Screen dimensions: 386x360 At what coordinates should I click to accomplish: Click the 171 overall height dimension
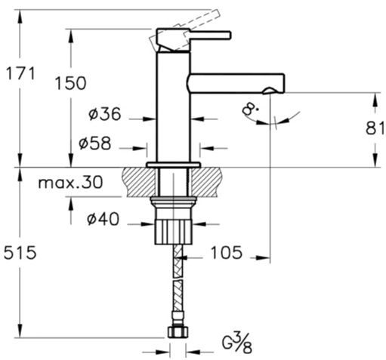[x=20, y=73]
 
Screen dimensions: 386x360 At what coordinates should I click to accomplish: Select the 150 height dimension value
[x=70, y=83]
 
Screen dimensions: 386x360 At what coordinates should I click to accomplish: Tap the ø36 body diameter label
[x=105, y=114]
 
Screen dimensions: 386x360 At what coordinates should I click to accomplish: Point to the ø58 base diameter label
[x=94, y=143]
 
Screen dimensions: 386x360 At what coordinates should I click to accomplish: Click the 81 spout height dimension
[x=375, y=128]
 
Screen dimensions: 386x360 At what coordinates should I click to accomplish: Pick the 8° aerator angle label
[x=250, y=110]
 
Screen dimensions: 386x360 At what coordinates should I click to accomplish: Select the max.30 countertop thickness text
[x=70, y=182]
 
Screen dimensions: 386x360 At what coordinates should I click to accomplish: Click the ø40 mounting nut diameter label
[x=103, y=219]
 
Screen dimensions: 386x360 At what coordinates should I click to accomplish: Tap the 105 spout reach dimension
[x=227, y=252]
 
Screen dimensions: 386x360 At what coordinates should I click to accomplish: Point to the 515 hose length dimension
[x=20, y=253]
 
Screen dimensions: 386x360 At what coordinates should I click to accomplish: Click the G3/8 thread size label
[x=237, y=343]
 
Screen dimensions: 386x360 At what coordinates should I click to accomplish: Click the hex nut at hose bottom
[x=178, y=332]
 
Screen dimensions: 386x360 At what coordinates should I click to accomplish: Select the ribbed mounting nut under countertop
[x=173, y=231]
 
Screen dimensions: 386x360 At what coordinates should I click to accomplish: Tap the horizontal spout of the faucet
[x=236, y=84]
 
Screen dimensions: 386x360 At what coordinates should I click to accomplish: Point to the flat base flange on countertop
[x=174, y=165]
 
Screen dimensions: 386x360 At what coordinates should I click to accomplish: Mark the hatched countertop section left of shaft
[x=139, y=183]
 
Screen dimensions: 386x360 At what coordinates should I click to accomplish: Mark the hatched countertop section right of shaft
[x=207, y=183]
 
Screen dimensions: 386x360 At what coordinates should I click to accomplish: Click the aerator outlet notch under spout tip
[x=270, y=91]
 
